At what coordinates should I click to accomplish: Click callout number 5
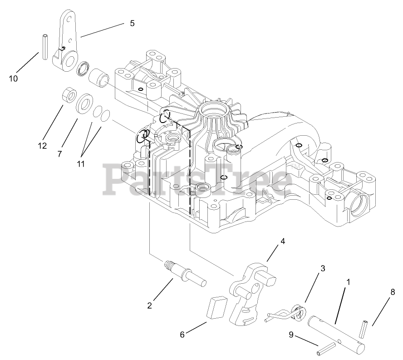[132, 23]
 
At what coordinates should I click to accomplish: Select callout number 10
[13, 79]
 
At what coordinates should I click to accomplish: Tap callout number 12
[42, 146]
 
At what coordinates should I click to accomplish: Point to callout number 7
[59, 154]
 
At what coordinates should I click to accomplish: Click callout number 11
[81, 163]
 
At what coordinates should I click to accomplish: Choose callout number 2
[150, 306]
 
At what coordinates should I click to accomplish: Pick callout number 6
[182, 335]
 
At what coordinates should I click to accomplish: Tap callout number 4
[283, 242]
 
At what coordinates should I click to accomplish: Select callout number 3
[323, 268]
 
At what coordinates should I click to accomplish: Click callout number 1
[349, 282]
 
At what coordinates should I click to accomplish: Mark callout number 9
[291, 335]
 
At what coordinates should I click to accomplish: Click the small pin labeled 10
[45, 47]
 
